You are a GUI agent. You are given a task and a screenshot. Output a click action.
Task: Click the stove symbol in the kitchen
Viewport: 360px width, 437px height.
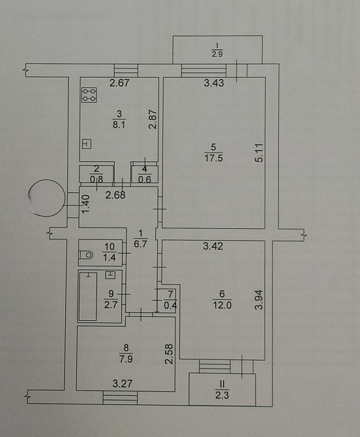(x=89, y=95)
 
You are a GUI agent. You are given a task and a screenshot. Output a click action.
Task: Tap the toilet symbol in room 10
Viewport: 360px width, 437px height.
(x=86, y=255)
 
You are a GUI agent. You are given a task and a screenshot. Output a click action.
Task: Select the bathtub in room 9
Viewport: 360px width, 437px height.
(x=88, y=297)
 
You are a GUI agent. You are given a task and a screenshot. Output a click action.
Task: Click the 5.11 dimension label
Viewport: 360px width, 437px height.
(x=259, y=153)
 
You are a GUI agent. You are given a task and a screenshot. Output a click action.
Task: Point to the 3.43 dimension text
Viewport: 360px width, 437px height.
(x=214, y=83)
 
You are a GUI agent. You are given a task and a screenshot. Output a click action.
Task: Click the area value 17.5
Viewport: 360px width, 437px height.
(x=213, y=158)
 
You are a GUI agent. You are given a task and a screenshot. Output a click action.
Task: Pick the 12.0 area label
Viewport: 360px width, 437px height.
(x=222, y=305)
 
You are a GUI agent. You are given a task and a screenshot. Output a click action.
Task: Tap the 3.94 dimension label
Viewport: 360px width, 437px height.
(x=259, y=299)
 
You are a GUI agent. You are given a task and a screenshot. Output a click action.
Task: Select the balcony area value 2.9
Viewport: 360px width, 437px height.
(x=217, y=53)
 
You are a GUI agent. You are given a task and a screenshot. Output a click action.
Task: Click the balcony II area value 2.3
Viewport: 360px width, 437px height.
(x=222, y=395)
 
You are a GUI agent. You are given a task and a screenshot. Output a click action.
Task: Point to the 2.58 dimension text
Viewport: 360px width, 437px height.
(x=169, y=354)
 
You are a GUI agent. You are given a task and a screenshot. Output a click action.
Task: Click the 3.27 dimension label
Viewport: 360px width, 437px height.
(x=123, y=384)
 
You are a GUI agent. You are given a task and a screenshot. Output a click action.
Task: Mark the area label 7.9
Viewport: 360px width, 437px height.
(x=126, y=359)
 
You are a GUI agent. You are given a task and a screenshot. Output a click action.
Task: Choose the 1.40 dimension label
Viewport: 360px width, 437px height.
(x=86, y=204)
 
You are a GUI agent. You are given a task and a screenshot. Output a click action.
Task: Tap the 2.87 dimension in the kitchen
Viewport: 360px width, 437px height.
(x=153, y=119)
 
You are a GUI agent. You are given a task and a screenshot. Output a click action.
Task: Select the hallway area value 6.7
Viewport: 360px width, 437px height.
(x=140, y=244)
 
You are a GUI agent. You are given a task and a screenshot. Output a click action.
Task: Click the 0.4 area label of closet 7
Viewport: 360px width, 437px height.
(x=170, y=306)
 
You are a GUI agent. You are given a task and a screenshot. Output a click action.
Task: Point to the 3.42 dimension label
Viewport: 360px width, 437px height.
(x=213, y=246)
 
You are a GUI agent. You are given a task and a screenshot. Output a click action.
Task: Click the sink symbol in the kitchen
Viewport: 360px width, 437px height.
(x=87, y=144)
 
